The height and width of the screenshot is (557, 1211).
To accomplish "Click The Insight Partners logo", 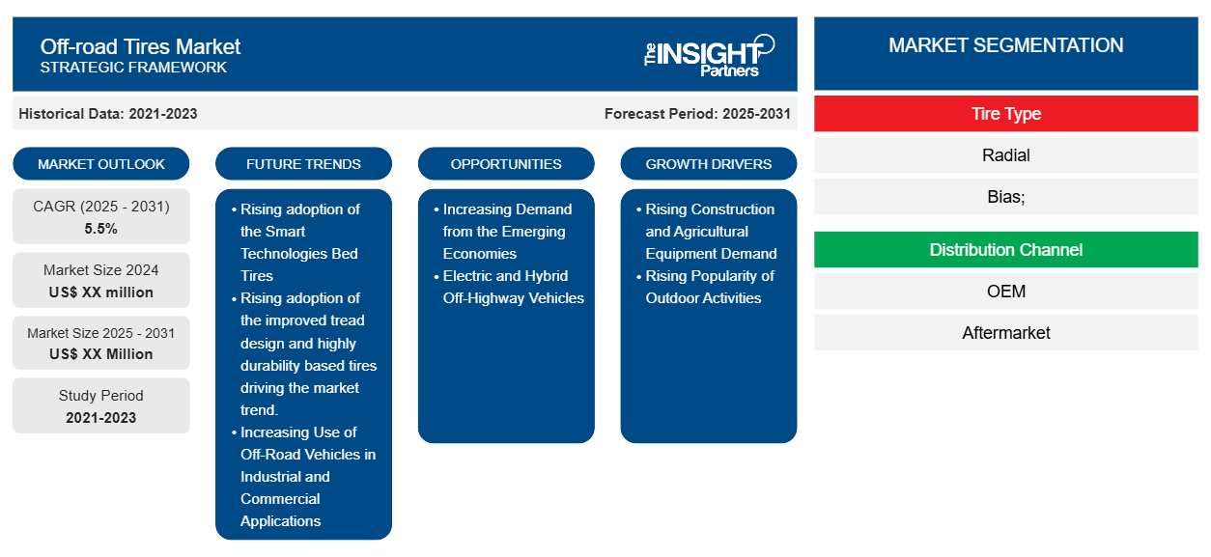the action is (709, 56).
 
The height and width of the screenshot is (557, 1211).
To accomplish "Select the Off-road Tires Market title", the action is (140, 47).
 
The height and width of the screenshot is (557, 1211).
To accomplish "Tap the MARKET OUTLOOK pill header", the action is (101, 164).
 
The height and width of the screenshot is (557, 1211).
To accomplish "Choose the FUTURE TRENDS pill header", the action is (303, 164).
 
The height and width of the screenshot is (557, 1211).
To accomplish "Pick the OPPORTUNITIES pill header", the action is (506, 164).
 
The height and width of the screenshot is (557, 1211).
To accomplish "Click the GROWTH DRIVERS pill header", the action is (708, 164).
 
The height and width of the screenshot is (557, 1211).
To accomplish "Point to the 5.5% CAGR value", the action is (101, 229).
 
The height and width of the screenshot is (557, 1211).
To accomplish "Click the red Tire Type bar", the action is (1005, 114).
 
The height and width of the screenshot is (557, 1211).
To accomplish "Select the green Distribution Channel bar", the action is (1005, 250).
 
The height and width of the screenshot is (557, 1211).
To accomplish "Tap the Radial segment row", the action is (1005, 155).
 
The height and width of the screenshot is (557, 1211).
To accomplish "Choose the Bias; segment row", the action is (1005, 196).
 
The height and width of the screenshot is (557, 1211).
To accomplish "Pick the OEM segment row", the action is (1005, 292).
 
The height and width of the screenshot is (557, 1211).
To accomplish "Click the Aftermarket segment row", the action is (1005, 332).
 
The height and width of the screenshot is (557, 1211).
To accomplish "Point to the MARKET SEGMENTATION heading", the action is (1005, 45).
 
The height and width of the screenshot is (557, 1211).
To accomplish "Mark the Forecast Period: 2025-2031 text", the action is (697, 114).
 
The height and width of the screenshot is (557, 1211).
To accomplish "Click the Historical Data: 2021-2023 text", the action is (108, 114).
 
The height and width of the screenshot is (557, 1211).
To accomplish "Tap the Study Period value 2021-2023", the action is (101, 418).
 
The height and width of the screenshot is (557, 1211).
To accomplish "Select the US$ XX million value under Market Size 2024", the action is (101, 292).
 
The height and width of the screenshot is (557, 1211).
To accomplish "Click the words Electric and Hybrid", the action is (505, 275).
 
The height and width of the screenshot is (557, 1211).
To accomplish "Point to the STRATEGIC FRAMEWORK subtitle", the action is (133, 68).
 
